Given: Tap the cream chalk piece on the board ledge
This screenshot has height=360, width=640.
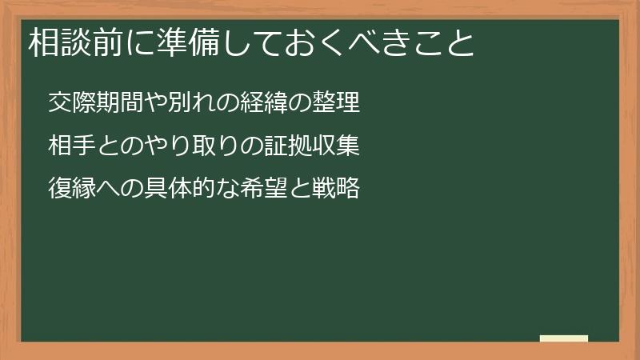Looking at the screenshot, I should (563, 338).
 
